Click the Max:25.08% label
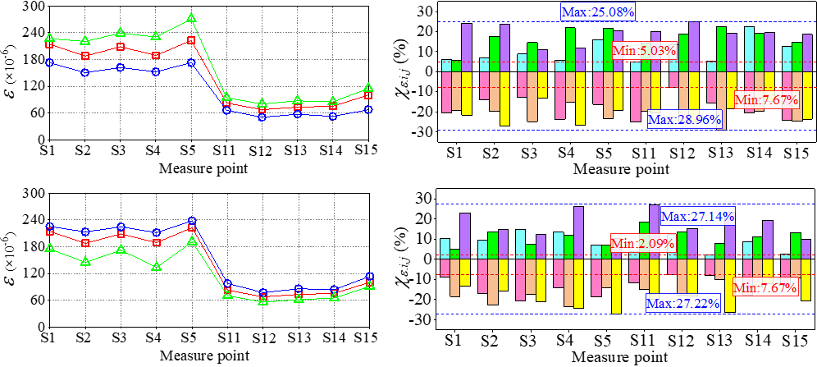[x=597, y=11]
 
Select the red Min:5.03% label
[x=644, y=50]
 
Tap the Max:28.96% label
[x=684, y=120]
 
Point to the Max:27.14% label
[x=697, y=217]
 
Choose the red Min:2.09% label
[x=642, y=243]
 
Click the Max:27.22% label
[x=682, y=304]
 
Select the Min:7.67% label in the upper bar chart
[x=766, y=100]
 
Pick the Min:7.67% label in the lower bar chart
[x=765, y=287]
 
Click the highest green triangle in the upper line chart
[x=191, y=18]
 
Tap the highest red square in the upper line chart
[x=191, y=39]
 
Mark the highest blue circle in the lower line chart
[x=192, y=222]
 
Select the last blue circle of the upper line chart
[x=369, y=109]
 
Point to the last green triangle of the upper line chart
[x=369, y=87]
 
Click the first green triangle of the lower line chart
[x=49, y=247]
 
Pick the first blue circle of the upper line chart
[x=49, y=62]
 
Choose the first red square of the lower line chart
[x=49, y=232]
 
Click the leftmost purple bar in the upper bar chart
[x=467, y=48]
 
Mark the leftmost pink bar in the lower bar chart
[x=445, y=267]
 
